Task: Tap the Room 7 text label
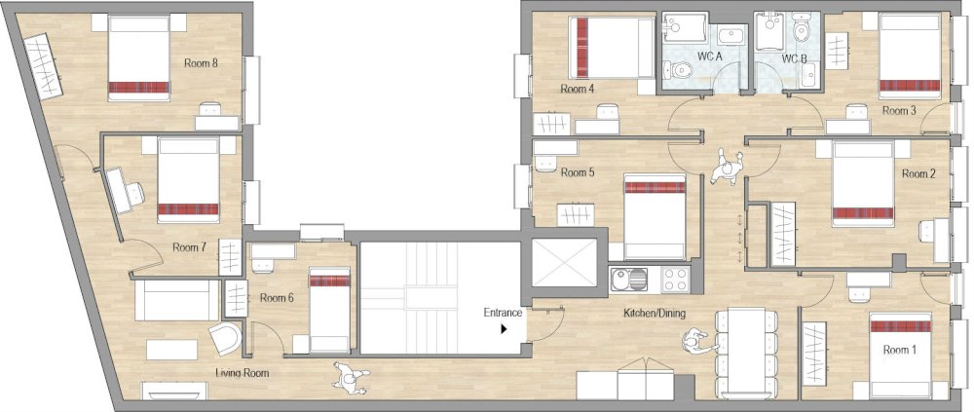(x=189, y=247)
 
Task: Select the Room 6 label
(x=277, y=298)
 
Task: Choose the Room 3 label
(x=899, y=111)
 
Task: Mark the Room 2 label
(x=918, y=173)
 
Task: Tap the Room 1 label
(x=899, y=348)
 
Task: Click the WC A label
(x=710, y=57)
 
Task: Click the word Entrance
(x=504, y=313)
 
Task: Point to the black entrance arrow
(x=504, y=329)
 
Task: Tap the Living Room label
(x=242, y=372)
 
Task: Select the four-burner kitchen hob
(x=676, y=280)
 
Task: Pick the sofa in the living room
(x=176, y=299)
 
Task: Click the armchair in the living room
(x=226, y=339)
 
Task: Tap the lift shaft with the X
(x=562, y=264)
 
